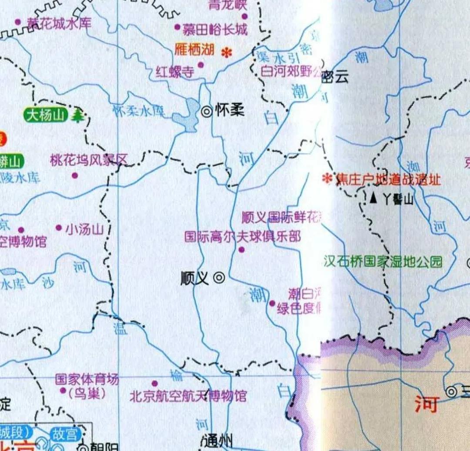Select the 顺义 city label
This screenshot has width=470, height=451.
[195, 278]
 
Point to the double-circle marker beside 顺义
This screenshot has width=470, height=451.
[219, 278]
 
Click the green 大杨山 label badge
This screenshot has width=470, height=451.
[45, 116]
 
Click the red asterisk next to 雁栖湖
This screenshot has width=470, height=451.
[227, 53]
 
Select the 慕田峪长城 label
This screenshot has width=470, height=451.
[215, 30]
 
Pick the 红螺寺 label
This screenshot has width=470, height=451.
[175, 72]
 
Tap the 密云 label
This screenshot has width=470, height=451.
[335, 77]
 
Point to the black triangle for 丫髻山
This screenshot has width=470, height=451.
[373, 198]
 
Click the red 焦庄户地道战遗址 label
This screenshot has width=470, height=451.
[388, 179]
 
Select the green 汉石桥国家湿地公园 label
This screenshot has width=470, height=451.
[383, 262]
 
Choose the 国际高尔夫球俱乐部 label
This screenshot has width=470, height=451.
[242, 237]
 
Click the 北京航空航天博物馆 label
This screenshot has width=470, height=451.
[188, 396]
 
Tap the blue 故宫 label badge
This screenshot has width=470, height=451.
[65, 434]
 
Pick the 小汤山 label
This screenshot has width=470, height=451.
[84, 229]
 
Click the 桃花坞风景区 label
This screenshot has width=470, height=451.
[89, 160]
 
